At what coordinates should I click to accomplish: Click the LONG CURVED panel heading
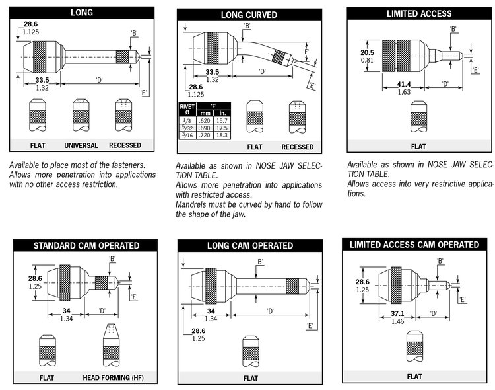click(x=249, y=14)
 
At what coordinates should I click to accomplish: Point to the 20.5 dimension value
click(x=368, y=52)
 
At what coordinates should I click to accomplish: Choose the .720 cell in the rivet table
click(x=205, y=134)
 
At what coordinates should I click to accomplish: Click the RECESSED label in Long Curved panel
click(x=297, y=147)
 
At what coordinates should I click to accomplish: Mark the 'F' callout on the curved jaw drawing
click(x=306, y=51)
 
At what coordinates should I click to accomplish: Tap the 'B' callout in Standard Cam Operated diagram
click(x=112, y=258)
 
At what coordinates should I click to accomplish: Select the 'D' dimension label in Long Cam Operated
click(x=271, y=310)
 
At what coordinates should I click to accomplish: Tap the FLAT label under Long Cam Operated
click(x=250, y=379)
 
